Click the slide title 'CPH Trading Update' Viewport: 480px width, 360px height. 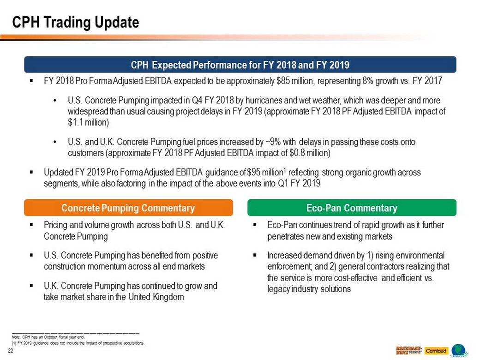click(x=75, y=22)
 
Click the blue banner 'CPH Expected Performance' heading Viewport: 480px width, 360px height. click(x=240, y=65)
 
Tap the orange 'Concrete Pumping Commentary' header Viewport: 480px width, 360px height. click(x=128, y=208)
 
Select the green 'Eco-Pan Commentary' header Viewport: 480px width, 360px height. click(x=352, y=208)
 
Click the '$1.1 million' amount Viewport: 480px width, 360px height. click(x=88, y=122)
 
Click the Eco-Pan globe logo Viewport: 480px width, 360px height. click(x=459, y=351)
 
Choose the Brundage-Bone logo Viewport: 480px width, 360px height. click(x=408, y=351)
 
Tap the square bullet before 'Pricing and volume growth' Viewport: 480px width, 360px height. click(x=31, y=225)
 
